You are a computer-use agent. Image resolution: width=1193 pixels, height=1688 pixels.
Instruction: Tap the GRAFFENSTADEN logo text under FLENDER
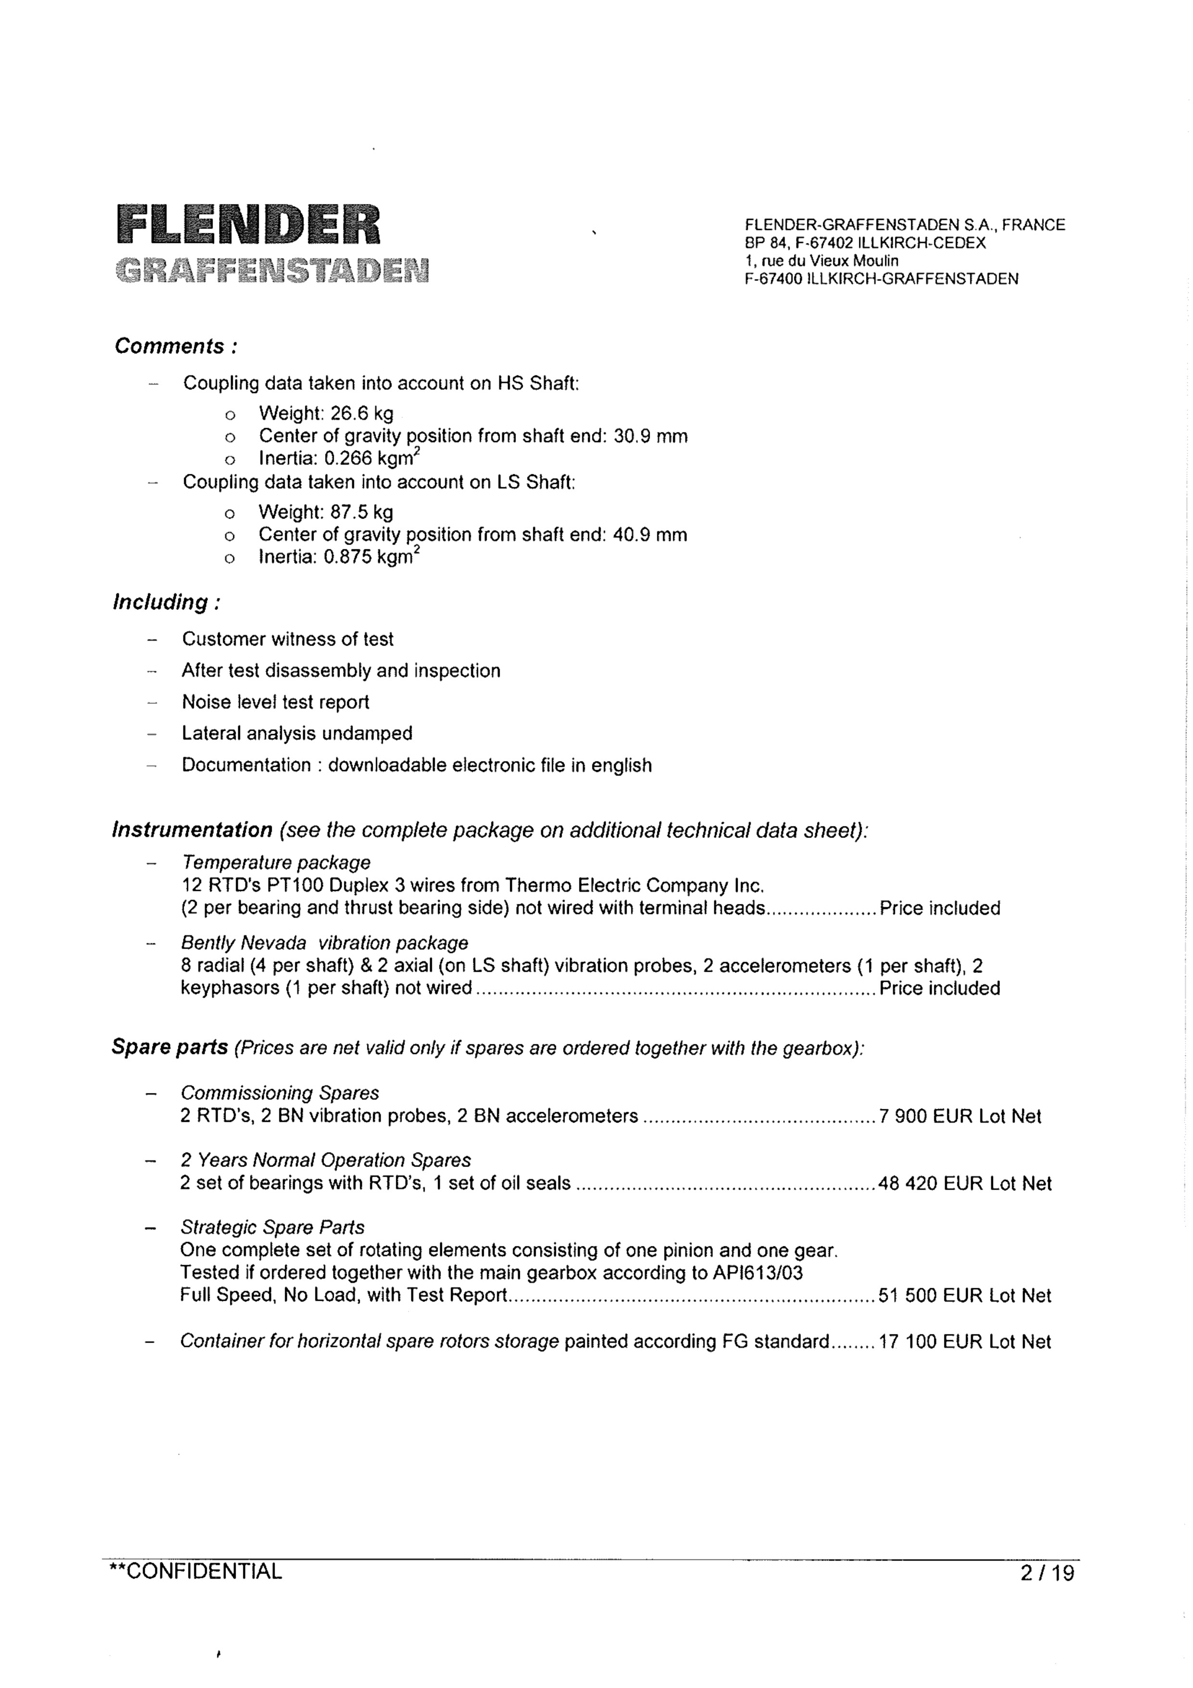272,270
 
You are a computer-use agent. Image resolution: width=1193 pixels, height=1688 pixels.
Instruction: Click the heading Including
166,602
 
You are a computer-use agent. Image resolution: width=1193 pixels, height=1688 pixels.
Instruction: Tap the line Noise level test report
276,702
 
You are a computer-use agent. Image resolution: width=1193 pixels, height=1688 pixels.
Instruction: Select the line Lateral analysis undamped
297,733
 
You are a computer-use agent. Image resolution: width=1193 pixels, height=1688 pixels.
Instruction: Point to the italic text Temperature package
276,863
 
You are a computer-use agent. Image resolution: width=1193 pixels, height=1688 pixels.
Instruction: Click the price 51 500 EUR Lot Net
965,1295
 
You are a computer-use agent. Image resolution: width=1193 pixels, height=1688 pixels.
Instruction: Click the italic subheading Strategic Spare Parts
272,1227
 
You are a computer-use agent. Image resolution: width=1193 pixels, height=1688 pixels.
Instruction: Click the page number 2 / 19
1047,1574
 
